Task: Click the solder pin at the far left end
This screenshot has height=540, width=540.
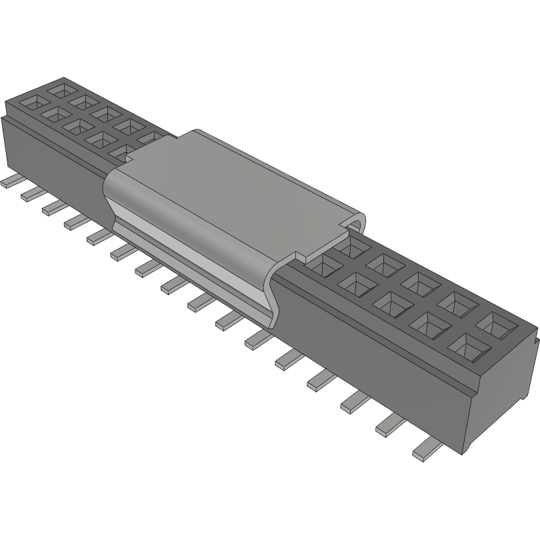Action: click(9, 181)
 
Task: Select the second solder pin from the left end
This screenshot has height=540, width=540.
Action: click(30, 193)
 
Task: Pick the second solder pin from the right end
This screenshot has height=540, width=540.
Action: click(391, 426)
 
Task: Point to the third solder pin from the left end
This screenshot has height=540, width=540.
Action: click(52, 207)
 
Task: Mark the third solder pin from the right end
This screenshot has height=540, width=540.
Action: click(356, 401)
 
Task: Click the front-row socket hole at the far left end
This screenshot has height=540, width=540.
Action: click(31, 103)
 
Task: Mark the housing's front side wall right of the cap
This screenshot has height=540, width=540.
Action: click(373, 347)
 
